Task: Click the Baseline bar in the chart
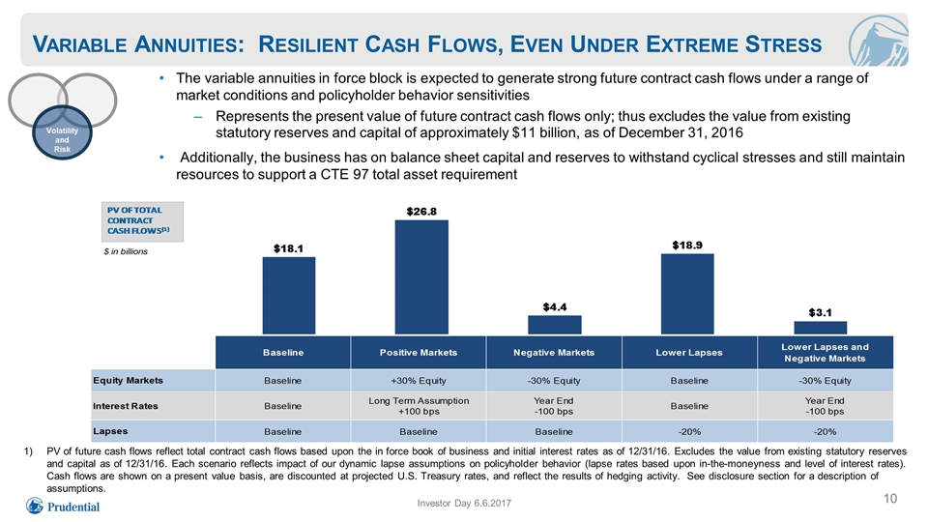289,296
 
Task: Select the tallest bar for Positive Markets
421,277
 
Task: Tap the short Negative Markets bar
555,325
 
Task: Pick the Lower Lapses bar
687,294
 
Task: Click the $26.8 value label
421,212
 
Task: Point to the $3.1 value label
821,312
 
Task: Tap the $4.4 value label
555,307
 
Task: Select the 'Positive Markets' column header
419,353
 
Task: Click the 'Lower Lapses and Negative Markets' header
825,353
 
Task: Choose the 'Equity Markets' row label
128,381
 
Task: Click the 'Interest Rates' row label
126,406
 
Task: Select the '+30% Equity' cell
419,381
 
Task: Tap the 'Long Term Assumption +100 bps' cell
419,406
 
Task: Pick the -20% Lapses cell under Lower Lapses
689,431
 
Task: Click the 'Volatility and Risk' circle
62,132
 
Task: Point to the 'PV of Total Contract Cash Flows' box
142,221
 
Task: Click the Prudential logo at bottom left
63,507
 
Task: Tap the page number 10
890,499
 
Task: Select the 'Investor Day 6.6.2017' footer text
464,503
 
